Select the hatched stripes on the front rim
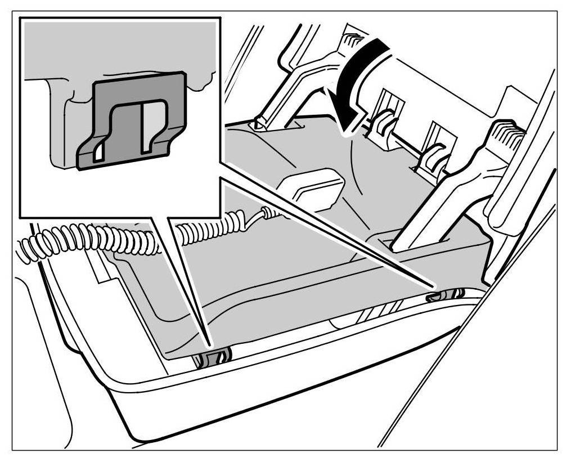click(383, 310)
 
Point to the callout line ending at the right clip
click(338, 236)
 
